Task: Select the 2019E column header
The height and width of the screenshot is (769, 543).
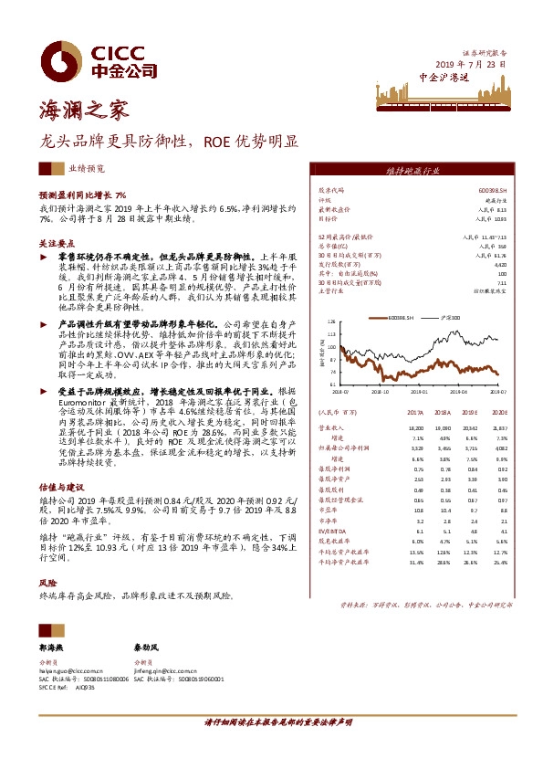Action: [470, 412]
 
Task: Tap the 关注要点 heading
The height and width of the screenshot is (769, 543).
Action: [55, 245]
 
